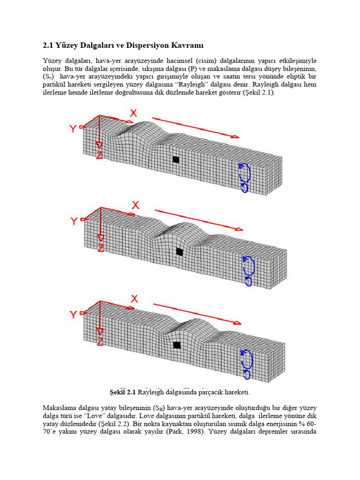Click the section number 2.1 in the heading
[x=48, y=45]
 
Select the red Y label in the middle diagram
[x=74, y=221]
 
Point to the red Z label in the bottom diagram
[x=100, y=342]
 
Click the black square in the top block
[x=176, y=160]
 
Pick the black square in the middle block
[x=179, y=252]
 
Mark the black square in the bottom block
[x=177, y=345]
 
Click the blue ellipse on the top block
[x=244, y=177]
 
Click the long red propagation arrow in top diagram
[x=195, y=127]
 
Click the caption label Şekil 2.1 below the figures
[x=122, y=391]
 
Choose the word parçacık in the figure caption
[x=195, y=391]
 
